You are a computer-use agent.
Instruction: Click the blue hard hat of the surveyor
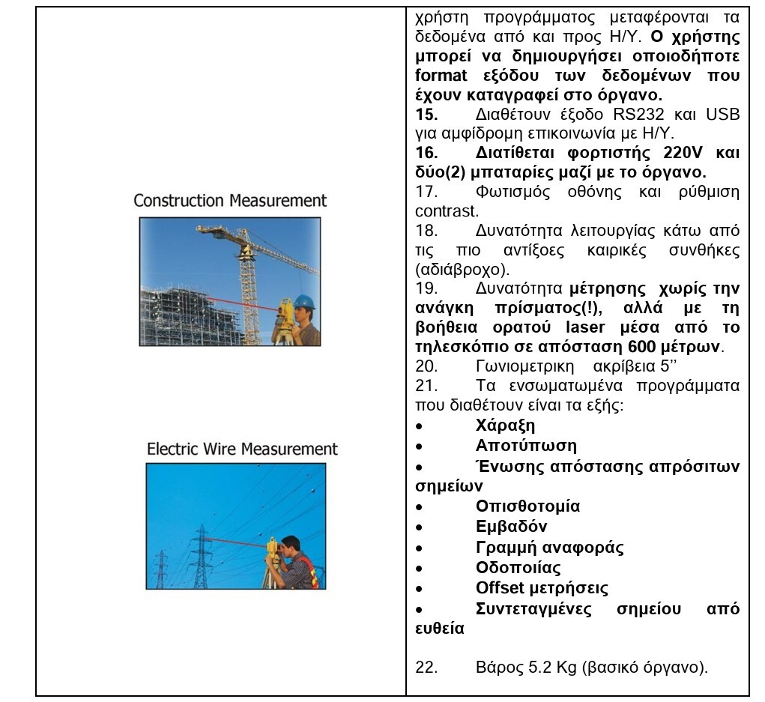point(303,301)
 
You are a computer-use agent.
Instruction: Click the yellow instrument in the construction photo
point(285,314)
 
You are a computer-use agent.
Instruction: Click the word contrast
point(447,212)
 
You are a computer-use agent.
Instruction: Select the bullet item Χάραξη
point(505,426)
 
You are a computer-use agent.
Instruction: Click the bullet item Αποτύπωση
point(526,446)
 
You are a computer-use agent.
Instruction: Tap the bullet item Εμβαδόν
point(511,527)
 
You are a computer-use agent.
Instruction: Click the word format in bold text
point(441,76)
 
